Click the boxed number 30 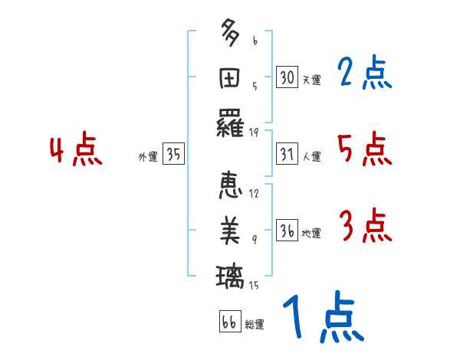pyautogui.click(x=287, y=77)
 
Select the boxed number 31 pyautogui.click(x=287, y=155)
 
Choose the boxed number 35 pyautogui.click(x=174, y=155)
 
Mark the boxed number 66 pyautogui.click(x=229, y=322)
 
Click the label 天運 pyautogui.click(x=311, y=80)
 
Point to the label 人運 pyautogui.click(x=311, y=157)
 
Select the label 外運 pyautogui.click(x=148, y=157)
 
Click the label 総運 pyautogui.click(x=255, y=324)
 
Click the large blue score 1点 pyautogui.click(x=322, y=318)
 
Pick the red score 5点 pyautogui.click(x=365, y=149)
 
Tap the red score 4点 pyautogui.click(x=76, y=151)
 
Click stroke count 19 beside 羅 pyautogui.click(x=254, y=132)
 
